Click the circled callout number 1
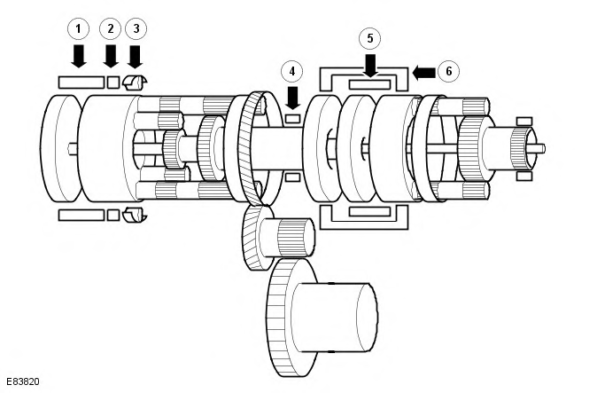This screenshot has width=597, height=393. tap(79, 28)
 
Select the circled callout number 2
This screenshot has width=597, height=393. tap(111, 28)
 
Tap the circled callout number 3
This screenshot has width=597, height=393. tap(136, 28)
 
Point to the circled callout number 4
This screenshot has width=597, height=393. tap(292, 71)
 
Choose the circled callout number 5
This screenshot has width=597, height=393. tap(370, 38)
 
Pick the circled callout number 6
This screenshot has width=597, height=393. tap(448, 71)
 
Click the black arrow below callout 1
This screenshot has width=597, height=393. tap(79, 57)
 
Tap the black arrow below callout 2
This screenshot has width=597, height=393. tap(111, 57)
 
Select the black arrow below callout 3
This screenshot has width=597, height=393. tap(136, 57)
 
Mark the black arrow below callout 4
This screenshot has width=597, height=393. tap(292, 98)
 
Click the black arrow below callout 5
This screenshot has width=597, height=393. tap(370, 66)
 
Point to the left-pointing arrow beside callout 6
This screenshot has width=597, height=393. tap(423, 73)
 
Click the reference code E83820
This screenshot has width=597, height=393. tap(23, 381)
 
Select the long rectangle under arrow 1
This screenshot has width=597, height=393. tap(81, 83)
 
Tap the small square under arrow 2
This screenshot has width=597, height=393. tap(113, 83)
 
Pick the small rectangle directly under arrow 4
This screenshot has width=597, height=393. tap(293, 119)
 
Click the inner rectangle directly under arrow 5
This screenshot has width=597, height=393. tap(369, 84)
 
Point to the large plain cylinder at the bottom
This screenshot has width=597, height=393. tap(334, 317)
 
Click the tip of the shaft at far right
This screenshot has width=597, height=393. tap(545, 148)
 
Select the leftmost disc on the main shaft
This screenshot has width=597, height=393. tap(60, 148)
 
